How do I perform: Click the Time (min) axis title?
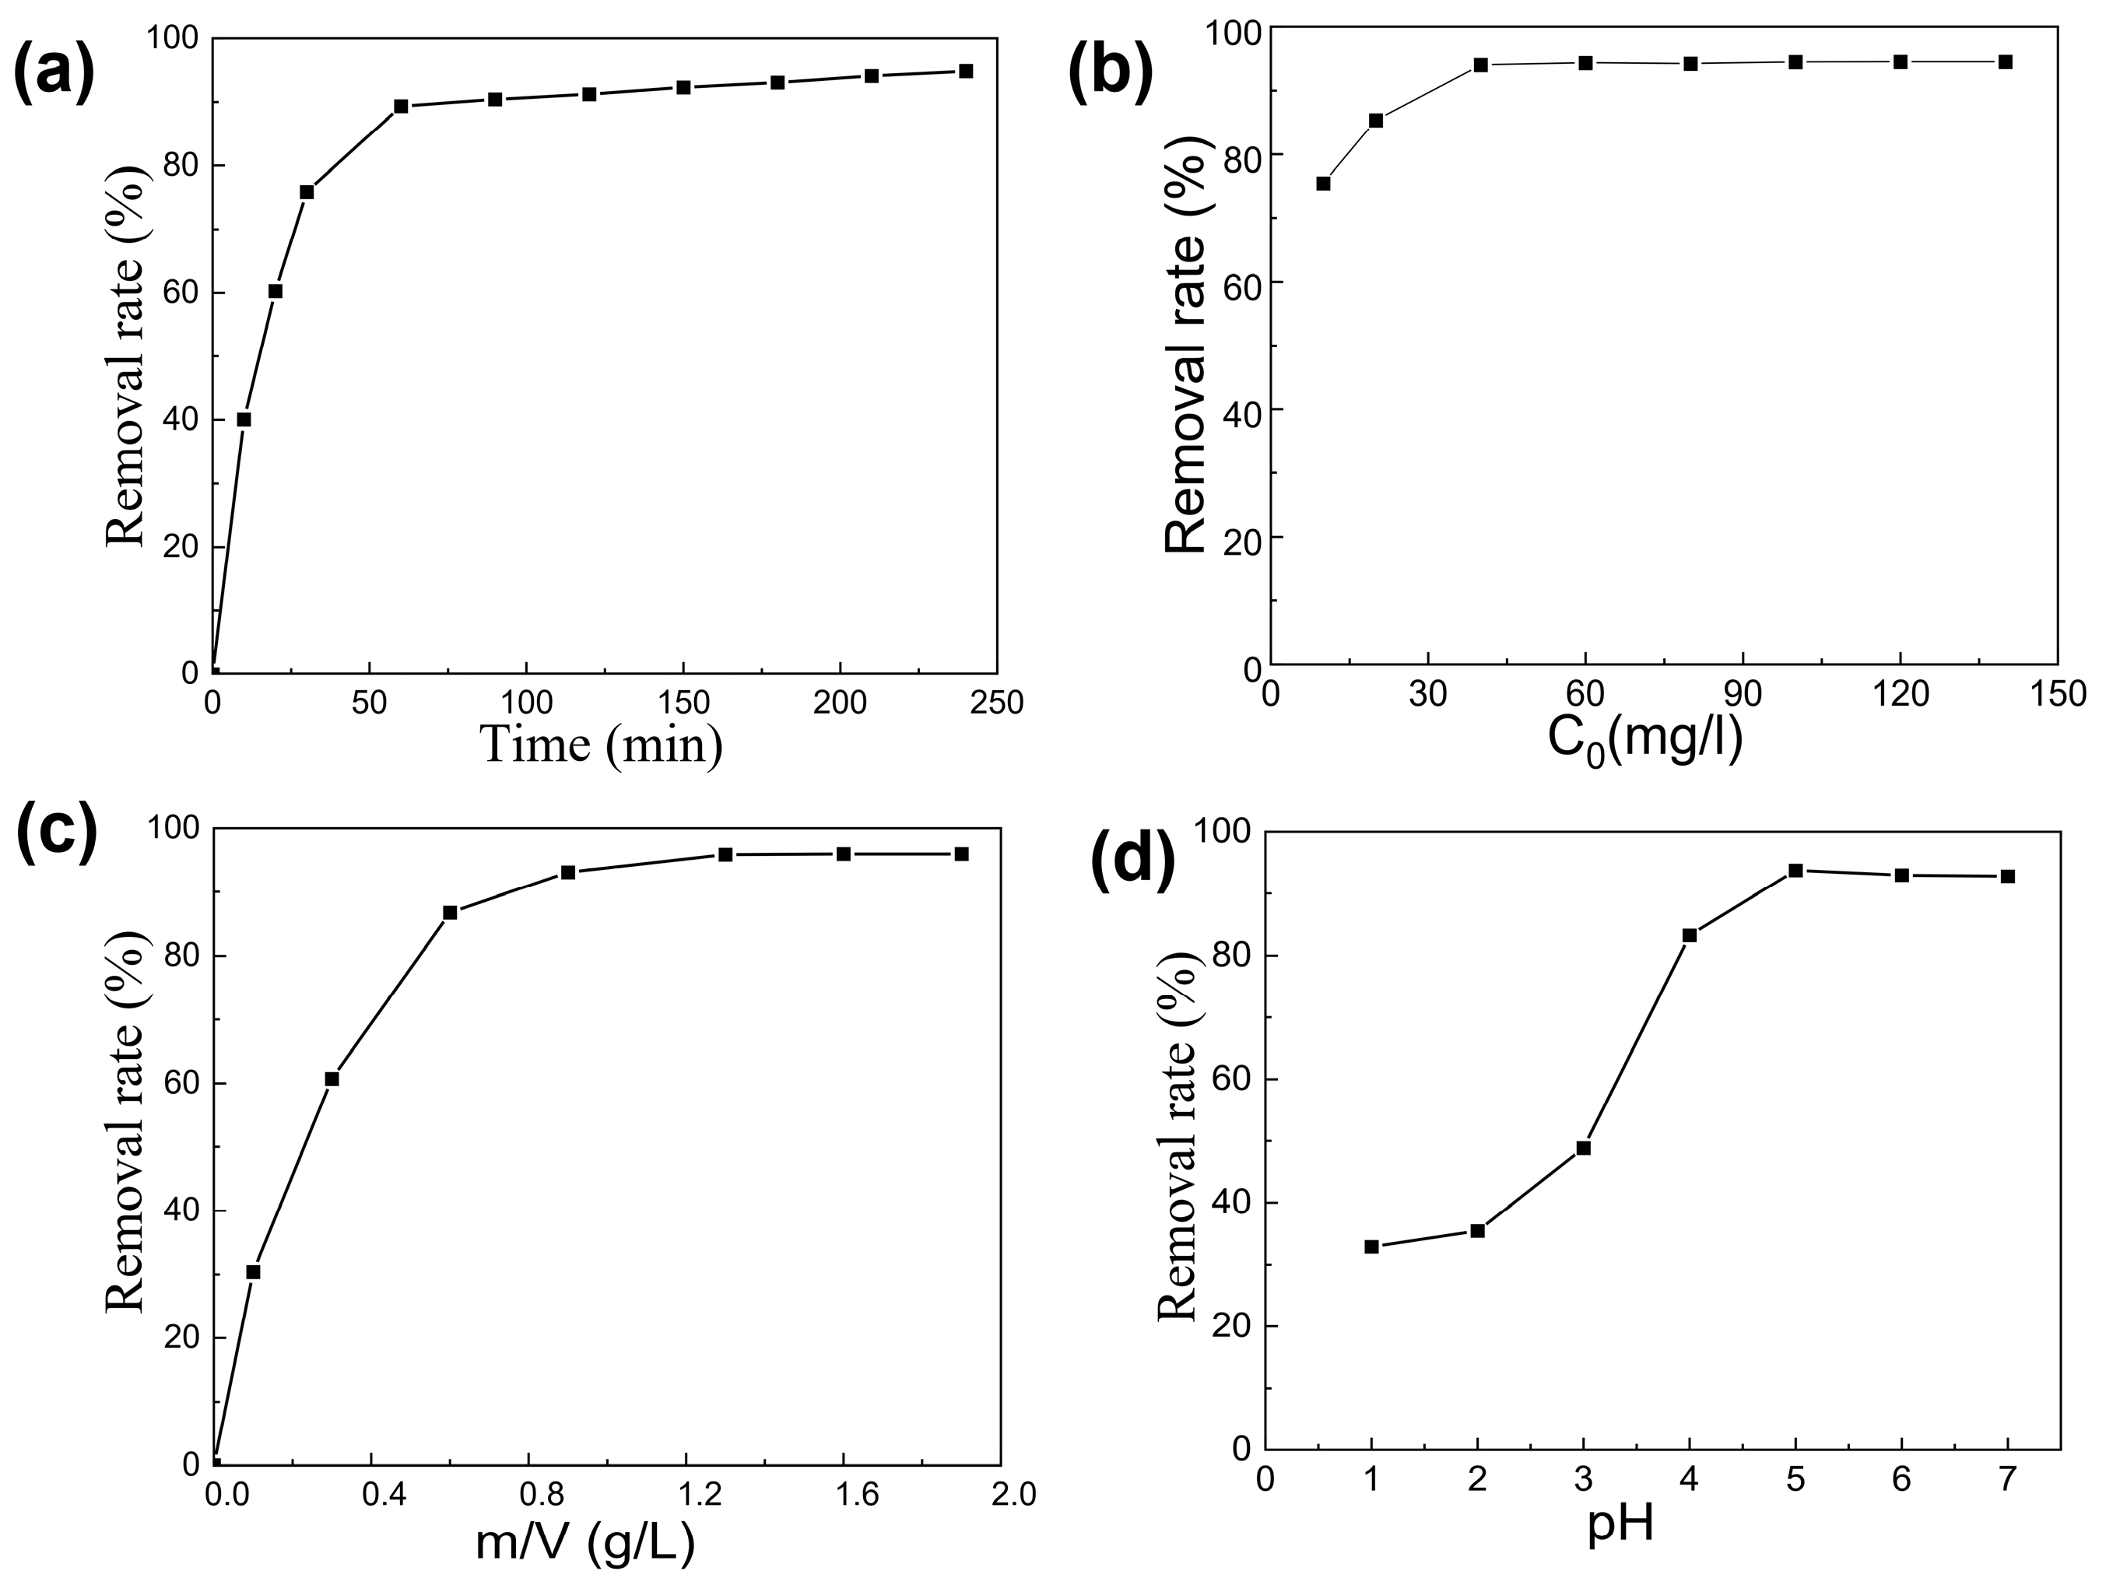tap(602, 745)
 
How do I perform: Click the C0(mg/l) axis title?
tap(1645, 740)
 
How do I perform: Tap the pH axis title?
tap(1620, 1525)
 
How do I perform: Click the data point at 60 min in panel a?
tap(401, 106)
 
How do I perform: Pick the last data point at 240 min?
tap(965, 71)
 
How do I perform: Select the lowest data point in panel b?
tap(1323, 183)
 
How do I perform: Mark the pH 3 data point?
tap(1583, 1148)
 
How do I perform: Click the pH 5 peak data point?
tap(1795, 870)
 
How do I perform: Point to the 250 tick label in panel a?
tap(996, 703)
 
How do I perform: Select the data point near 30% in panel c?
tap(253, 1271)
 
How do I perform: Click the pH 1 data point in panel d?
tap(1372, 1246)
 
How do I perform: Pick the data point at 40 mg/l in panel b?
tap(1480, 65)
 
